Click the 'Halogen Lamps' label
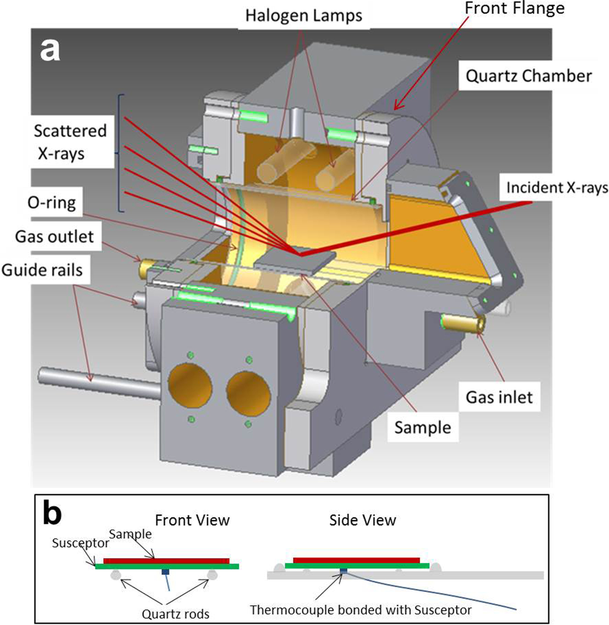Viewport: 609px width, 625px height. click(303, 16)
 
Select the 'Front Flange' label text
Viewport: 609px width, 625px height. click(514, 8)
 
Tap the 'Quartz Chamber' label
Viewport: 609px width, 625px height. click(528, 76)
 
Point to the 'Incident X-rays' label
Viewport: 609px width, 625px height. click(557, 187)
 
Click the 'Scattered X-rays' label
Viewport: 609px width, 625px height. click(70, 142)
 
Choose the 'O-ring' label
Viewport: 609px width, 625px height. click(52, 203)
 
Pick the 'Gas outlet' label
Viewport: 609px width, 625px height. click(54, 236)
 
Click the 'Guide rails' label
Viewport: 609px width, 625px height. click(42, 270)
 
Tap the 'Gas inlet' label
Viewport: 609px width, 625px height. click(499, 397)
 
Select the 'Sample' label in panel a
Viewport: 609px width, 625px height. click(422, 428)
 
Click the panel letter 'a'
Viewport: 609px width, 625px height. click(50, 50)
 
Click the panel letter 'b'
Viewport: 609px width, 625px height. click(52, 514)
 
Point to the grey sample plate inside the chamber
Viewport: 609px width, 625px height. click(296, 261)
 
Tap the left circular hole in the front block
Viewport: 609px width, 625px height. click(190, 387)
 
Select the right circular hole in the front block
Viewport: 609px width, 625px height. click(248, 393)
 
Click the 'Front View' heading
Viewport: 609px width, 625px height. click(192, 520)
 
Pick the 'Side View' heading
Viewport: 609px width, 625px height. click(362, 520)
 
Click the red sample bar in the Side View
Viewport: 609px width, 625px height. click(357, 560)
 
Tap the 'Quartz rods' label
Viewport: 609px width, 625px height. click(175, 614)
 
